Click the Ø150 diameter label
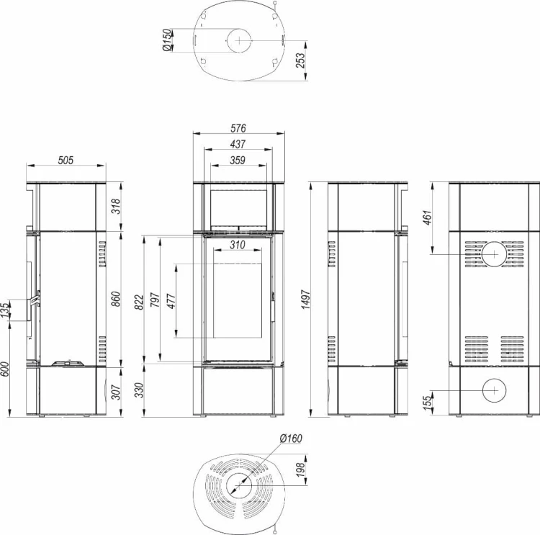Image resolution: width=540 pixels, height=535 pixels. tap(167, 40)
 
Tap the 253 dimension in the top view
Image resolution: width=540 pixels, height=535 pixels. tap(300, 60)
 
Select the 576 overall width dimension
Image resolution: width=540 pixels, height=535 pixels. tap(238, 128)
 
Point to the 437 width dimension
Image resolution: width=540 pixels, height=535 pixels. tap(238, 144)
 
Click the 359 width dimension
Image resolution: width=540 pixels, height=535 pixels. tap(238, 160)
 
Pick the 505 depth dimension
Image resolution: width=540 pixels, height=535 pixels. tap(66, 160)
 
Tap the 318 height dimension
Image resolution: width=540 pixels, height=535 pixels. tap(116, 206)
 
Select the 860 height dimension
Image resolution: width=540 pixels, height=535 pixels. tap(116, 299)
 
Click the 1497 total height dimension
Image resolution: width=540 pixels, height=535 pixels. tap(306, 300)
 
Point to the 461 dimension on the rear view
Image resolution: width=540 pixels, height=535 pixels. tap(427, 217)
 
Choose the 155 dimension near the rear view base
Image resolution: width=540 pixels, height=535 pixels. tap(427, 403)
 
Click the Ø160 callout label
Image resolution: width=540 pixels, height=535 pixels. tap(291, 439)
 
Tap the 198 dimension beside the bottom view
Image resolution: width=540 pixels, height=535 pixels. tap(300, 470)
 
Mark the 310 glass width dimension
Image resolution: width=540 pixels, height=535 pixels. tap(238, 245)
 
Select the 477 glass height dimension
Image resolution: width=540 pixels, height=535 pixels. tap(171, 301)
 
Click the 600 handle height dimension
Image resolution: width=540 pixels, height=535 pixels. tap(4, 369)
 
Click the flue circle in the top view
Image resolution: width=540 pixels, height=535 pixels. tap(239, 40)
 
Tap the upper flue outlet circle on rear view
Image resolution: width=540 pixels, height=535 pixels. tap(494, 254)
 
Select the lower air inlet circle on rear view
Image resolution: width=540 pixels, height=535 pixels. tap(494, 390)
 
